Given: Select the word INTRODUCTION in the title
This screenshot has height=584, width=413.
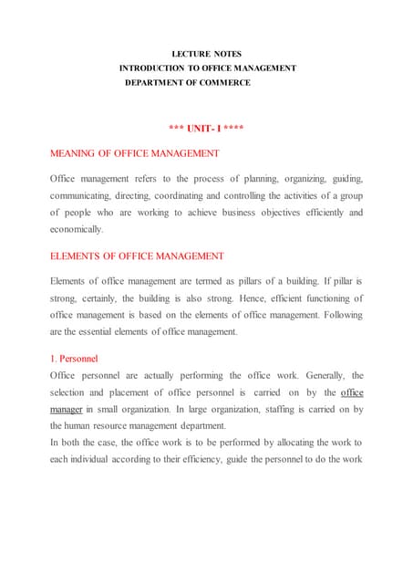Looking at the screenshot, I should [158, 68].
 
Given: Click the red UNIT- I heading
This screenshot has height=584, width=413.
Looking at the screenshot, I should [206, 127].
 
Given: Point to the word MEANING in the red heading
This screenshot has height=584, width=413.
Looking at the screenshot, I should [75, 153].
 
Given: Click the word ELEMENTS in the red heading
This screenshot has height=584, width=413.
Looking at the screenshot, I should [77, 256].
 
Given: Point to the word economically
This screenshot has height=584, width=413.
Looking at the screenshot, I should [77, 229].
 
